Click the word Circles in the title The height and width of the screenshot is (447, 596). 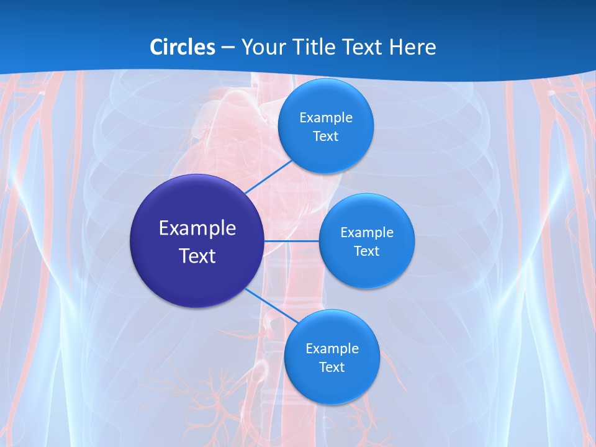click(x=182, y=47)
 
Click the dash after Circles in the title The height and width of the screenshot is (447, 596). click(x=228, y=48)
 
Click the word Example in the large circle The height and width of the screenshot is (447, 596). click(x=197, y=228)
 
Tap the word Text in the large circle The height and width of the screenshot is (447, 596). click(x=197, y=256)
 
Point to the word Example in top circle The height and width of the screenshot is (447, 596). click(x=326, y=117)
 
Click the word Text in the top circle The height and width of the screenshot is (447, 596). click(x=325, y=136)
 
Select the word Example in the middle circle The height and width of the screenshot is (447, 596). click(x=367, y=232)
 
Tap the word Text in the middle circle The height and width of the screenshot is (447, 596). click(x=366, y=251)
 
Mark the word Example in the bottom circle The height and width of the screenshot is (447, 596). click(x=332, y=348)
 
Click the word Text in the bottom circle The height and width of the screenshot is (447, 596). click(x=332, y=367)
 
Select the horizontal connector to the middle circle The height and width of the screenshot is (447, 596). click(x=291, y=240)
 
